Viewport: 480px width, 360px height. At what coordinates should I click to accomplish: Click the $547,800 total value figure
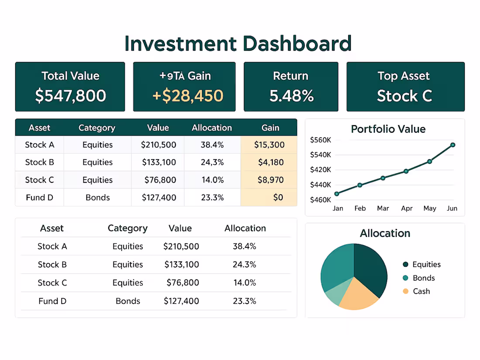click(x=70, y=96)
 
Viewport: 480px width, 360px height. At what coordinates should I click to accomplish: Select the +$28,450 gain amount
click(x=188, y=96)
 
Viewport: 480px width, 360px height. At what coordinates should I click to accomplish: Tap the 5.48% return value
click(x=291, y=96)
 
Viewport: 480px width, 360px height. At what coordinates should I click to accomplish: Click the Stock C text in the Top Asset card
click(x=405, y=96)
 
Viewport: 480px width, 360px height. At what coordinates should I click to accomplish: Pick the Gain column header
click(x=270, y=128)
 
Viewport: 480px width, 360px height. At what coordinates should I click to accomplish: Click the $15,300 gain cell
click(x=269, y=145)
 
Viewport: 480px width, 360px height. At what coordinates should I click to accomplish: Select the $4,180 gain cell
click(x=271, y=162)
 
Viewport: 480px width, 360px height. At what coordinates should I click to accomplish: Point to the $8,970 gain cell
click(x=271, y=180)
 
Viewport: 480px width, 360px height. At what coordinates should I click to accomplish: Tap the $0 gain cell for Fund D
click(x=278, y=197)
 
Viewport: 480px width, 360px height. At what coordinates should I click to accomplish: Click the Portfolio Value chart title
click(x=388, y=129)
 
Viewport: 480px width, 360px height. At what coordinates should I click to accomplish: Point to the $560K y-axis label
click(x=320, y=140)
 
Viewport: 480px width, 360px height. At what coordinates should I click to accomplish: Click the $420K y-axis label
click(x=320, y=170)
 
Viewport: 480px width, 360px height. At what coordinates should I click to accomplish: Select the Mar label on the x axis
click(x=383, y=209)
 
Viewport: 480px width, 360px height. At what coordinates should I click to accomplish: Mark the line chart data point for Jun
click(x=453, y=145)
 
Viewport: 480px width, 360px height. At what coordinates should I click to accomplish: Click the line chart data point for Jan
click(x=336, y=194)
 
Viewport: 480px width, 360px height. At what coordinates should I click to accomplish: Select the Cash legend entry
click(x=421, y=291)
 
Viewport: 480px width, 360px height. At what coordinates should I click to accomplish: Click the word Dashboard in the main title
click(x=297, y=44)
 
